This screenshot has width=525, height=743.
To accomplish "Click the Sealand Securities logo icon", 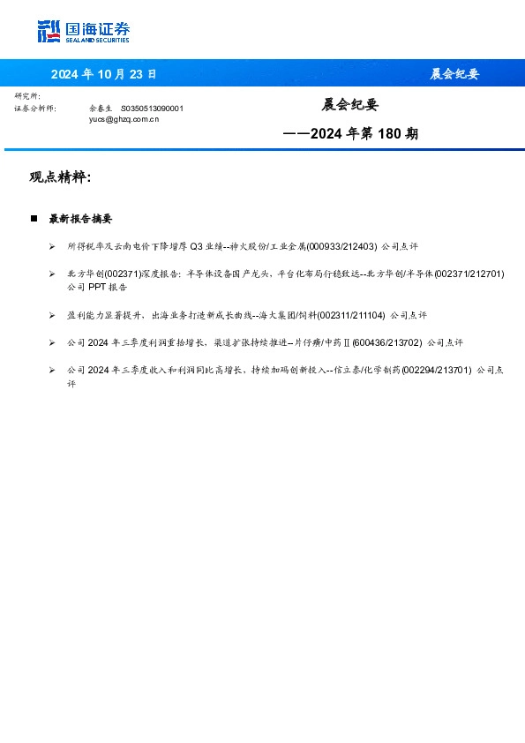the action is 49,32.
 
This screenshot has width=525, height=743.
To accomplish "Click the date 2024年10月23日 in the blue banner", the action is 104,74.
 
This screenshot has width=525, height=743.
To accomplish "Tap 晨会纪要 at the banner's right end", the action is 454,74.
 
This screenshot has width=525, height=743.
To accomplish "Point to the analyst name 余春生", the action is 101,108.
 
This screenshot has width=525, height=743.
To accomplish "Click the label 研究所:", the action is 27,95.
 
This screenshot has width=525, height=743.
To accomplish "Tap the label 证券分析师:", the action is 35,108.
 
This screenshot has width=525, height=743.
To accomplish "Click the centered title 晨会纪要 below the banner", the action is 349,105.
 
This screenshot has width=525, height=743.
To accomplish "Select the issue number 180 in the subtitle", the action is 394,134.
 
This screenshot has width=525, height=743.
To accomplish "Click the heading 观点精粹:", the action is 60,177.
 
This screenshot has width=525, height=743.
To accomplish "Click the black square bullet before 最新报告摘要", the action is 34,218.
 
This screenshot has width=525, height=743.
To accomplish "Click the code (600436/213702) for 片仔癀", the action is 386,341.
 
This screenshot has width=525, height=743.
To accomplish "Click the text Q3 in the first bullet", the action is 197,246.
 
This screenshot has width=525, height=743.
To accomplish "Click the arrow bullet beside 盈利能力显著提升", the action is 52,314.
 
